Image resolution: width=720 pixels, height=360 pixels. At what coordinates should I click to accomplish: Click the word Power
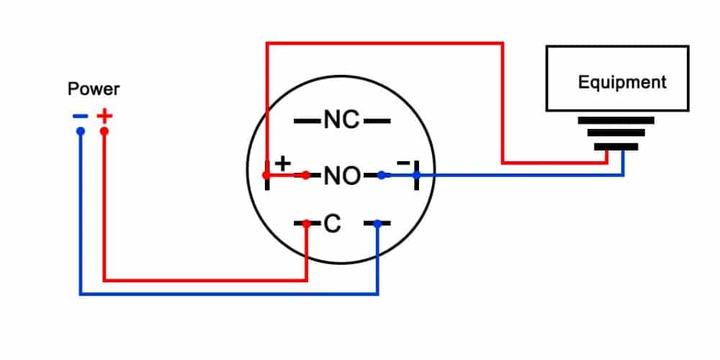94,89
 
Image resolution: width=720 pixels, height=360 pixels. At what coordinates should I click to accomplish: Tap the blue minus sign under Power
80,115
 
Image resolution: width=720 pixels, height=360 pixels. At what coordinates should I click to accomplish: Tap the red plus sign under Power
105,115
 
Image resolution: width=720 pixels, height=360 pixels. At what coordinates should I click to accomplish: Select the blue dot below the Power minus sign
81,132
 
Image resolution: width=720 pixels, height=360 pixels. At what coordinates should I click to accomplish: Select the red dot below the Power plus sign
104,132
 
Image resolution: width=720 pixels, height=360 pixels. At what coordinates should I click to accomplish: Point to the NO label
341,175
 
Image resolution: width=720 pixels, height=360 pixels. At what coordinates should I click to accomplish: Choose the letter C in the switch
332,225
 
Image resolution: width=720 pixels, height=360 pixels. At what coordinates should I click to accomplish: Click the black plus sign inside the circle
284,163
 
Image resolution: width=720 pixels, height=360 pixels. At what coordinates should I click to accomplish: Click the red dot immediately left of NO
306,175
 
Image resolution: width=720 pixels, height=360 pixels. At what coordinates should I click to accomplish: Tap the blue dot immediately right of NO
382,175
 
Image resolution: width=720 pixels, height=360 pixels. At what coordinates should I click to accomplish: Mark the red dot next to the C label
307,224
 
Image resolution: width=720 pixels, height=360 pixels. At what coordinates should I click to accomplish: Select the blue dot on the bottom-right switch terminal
377,224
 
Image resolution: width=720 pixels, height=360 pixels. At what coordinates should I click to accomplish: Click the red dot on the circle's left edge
266,175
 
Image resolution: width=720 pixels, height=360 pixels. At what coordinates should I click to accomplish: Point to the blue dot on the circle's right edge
416,175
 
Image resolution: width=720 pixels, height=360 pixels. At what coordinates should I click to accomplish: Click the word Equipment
622,82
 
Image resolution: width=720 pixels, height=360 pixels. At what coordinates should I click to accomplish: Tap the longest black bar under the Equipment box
616,120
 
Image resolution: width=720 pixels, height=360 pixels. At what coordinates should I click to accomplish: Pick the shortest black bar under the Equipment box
616,147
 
